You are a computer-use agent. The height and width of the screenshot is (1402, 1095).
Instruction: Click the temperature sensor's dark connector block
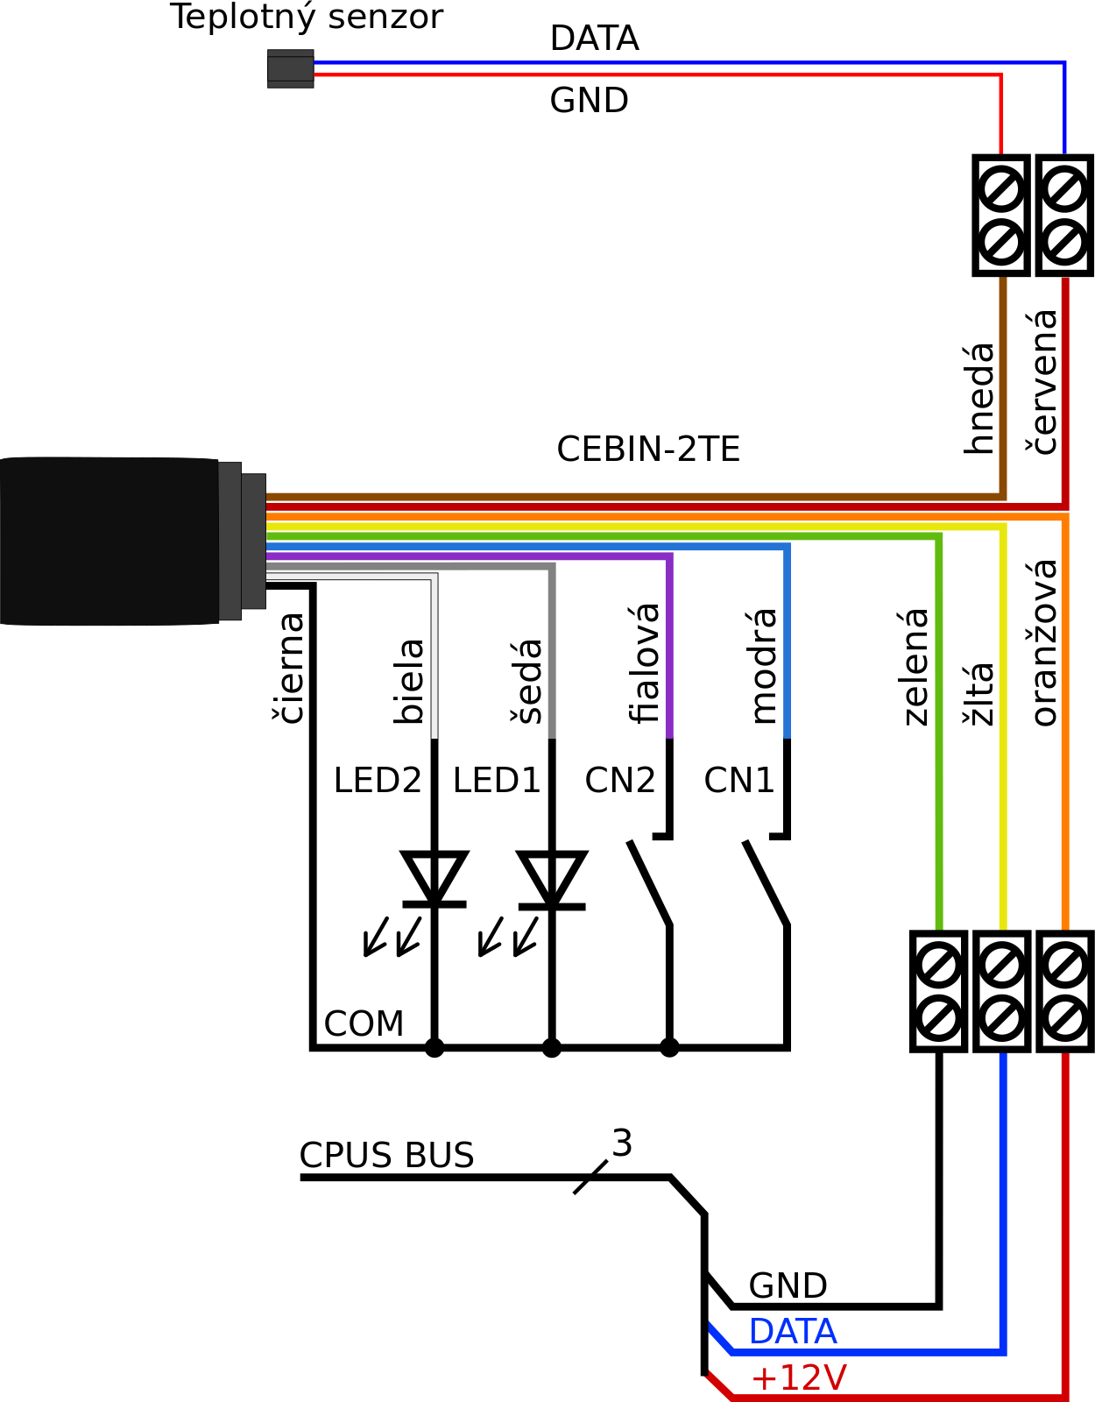(290, 68)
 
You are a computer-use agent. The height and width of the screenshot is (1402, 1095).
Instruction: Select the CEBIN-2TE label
(648, 449)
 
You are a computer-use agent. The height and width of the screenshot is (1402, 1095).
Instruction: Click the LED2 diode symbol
(434, 880)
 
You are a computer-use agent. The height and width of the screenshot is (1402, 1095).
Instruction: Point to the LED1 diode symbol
(552, 880)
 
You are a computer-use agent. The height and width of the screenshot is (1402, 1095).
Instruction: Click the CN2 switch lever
(650, 883)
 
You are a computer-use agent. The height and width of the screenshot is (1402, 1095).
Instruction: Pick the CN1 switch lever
(766, 883)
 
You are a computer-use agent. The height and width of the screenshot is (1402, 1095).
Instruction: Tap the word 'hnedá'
(978, 399)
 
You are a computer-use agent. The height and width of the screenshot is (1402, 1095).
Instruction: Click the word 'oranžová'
(1042, 643)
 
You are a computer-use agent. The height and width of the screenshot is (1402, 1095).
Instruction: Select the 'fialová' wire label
(644, 663)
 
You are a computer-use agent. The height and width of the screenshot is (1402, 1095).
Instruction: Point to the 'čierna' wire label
(287, 669)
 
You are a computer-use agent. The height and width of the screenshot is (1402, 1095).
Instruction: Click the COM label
(364, 1023)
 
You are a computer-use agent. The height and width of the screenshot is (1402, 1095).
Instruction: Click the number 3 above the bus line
(622, 1144)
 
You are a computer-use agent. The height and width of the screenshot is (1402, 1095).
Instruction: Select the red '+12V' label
(798, 1377)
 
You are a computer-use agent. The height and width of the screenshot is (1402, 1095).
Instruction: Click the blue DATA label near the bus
(793, 1331)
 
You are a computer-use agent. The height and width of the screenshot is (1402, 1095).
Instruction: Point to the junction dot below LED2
(434, 1048)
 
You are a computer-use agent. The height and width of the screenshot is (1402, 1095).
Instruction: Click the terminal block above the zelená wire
(938, 991)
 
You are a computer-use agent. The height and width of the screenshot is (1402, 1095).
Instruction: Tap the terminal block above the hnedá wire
(1001, 215)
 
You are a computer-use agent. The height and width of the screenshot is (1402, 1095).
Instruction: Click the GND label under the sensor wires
(589, 101)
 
